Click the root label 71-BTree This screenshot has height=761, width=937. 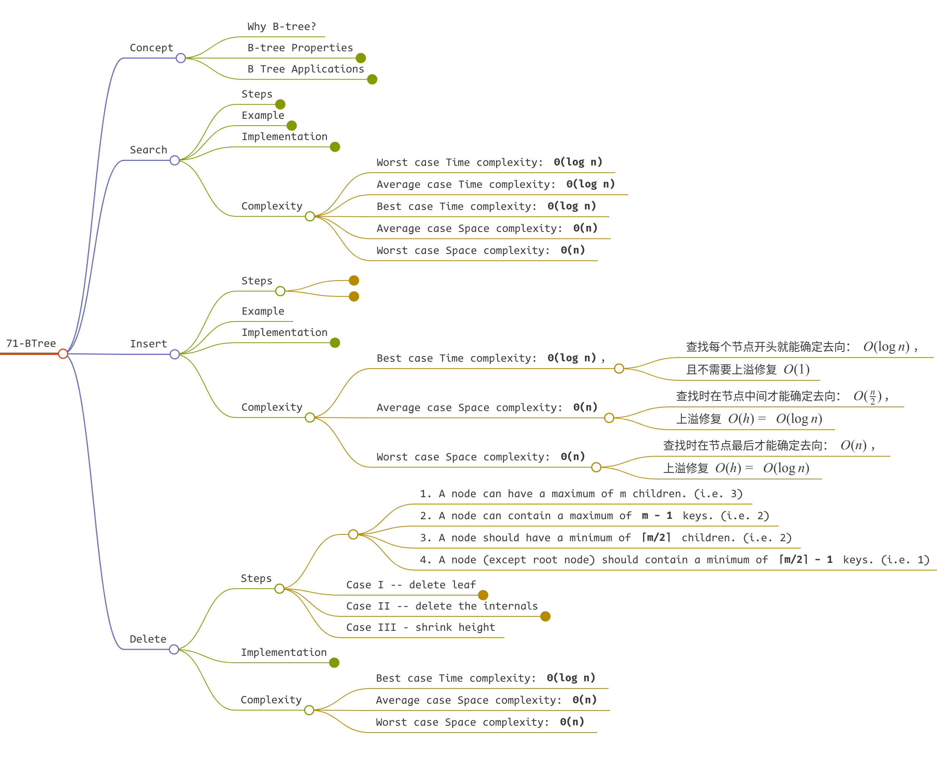[x=31, y=343]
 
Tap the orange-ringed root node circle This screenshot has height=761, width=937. [x=63, y=354]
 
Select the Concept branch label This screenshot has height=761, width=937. [x=151, y=48]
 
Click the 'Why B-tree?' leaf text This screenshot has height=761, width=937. [x=281, y=27]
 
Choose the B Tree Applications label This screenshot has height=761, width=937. [x=305, y=69]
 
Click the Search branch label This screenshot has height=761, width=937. [x=148, y=150]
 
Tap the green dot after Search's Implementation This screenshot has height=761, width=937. [x=335, y=147]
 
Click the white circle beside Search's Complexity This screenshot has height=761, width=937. [x=310, y=216]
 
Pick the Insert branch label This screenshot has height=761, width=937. [x=148, y=343]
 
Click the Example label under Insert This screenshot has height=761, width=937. [x=263, y=311]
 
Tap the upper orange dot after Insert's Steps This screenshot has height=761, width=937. [x=354, y=280]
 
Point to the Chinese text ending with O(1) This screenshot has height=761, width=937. [x=747, y=370]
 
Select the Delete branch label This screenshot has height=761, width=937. [x=148, y=639]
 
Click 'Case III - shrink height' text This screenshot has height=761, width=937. [x=420, y=627]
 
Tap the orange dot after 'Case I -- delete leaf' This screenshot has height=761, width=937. [x=483, y=595]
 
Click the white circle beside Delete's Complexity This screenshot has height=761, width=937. [x=309, y=710]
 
